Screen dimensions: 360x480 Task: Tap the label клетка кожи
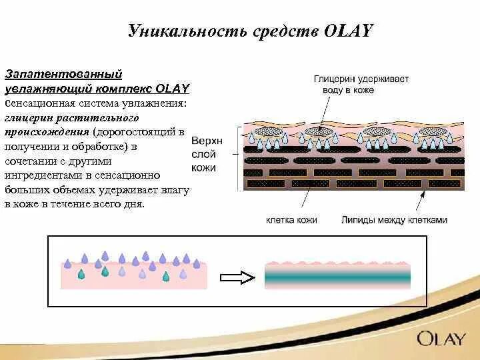291,219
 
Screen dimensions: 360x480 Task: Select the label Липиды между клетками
394,219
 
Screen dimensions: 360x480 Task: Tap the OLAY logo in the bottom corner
441,338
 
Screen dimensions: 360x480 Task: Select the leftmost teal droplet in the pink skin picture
81,274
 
